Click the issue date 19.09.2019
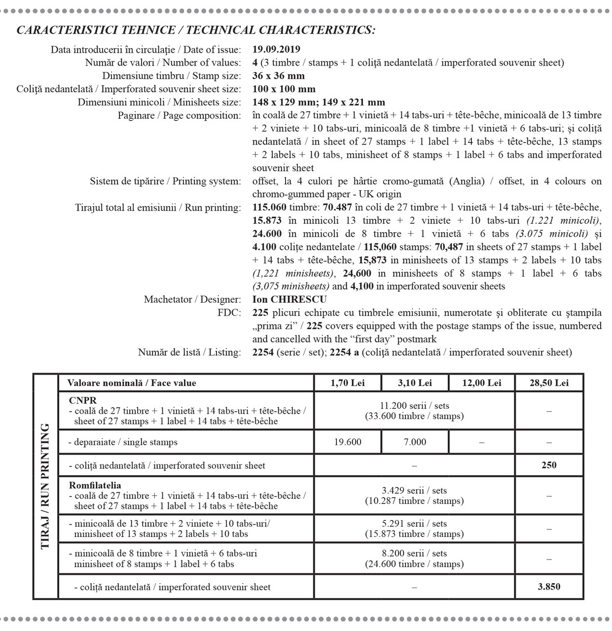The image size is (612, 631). [x=276, y=49]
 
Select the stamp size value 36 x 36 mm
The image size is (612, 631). [x=278, y=76]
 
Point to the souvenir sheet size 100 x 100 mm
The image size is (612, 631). [x=284, y=89]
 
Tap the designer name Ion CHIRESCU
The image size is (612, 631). [x=289, y=300]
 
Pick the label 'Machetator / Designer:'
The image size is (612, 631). [x=192, y=300]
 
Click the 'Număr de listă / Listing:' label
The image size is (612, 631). [x=189, y=352]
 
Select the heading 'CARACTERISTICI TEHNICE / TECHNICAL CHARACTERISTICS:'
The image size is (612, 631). [x=196, y=30]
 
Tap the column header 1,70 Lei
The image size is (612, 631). [x=348, y=383]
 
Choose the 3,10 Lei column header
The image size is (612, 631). [x=415, y=383]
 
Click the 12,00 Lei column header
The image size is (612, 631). [x=481, y=383]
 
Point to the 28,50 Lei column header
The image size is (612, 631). [x=549, y=383]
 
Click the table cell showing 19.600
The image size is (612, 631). [x=348, y=442]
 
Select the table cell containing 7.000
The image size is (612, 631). [x=415, y=442]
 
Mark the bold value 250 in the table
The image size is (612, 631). [x=549, y=465]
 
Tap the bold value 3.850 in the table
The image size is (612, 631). [x=549, y=587]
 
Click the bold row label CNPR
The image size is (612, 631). [x=83, y=400]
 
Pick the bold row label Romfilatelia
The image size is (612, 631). [x=95, y=485]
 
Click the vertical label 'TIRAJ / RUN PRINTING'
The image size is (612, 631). [x=45, y=486]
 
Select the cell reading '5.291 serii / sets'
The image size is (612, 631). [x=414, y=524]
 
